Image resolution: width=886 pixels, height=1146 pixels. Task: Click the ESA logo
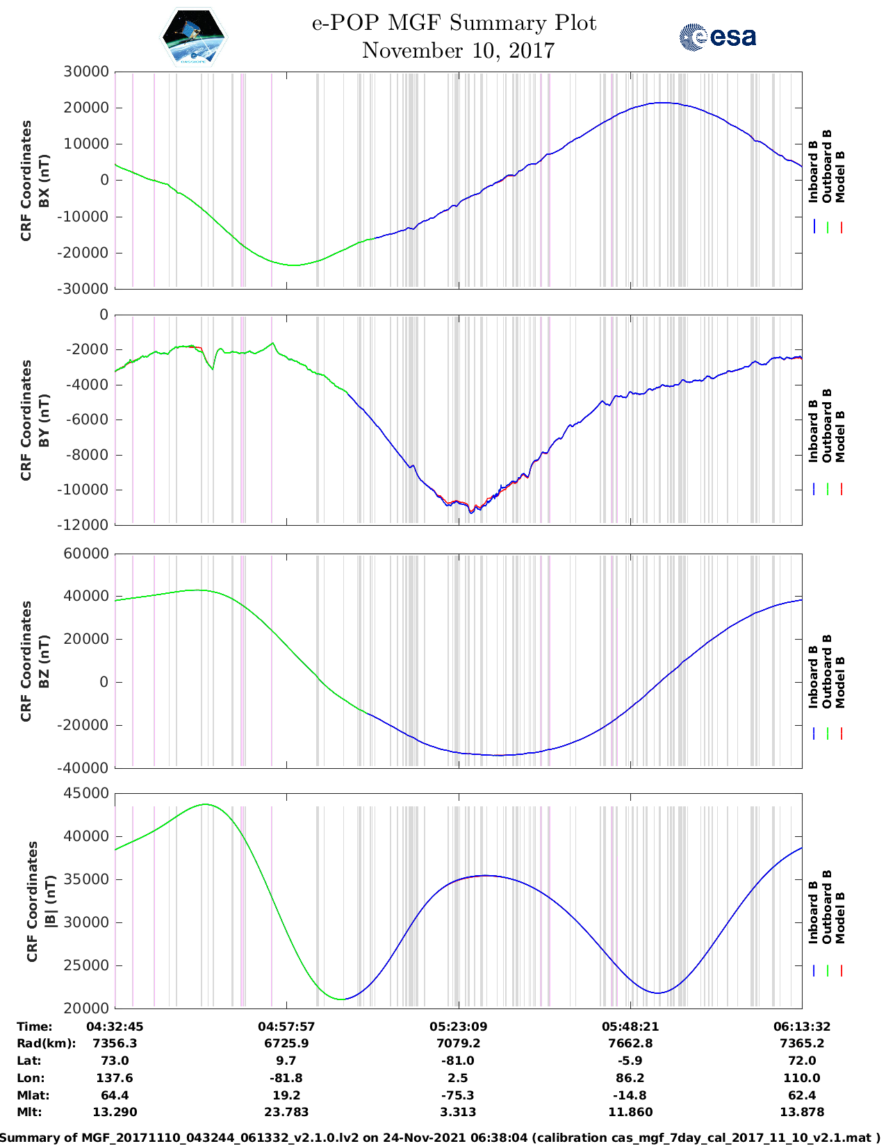point(717,37)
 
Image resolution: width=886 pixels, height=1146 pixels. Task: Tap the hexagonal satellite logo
point(194,38)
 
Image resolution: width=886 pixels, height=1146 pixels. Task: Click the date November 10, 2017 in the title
point(458,51)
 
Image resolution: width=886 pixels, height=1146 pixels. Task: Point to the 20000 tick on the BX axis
point(86,108)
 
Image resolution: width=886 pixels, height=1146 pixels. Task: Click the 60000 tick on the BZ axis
point(86,554)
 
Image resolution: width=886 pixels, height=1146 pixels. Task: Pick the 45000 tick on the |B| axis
point(86,793)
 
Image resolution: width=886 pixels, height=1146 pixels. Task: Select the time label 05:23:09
point(458,1027)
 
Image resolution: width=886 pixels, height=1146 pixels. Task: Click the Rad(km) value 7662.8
point(630,1043)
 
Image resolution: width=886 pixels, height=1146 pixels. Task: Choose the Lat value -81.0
point(458,1061)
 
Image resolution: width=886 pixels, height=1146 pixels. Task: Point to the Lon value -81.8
point(286,1078)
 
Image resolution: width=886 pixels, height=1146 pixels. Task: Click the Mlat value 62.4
point(802,1095)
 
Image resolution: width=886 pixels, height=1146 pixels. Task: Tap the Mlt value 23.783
point(286,1112)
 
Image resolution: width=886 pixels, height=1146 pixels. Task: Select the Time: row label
point(35,1027)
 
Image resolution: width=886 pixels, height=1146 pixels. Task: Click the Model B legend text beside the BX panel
point(840,176)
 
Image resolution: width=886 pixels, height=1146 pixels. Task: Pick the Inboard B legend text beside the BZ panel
point(813,676)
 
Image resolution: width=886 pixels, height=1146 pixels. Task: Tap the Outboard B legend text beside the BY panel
point(827,425)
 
